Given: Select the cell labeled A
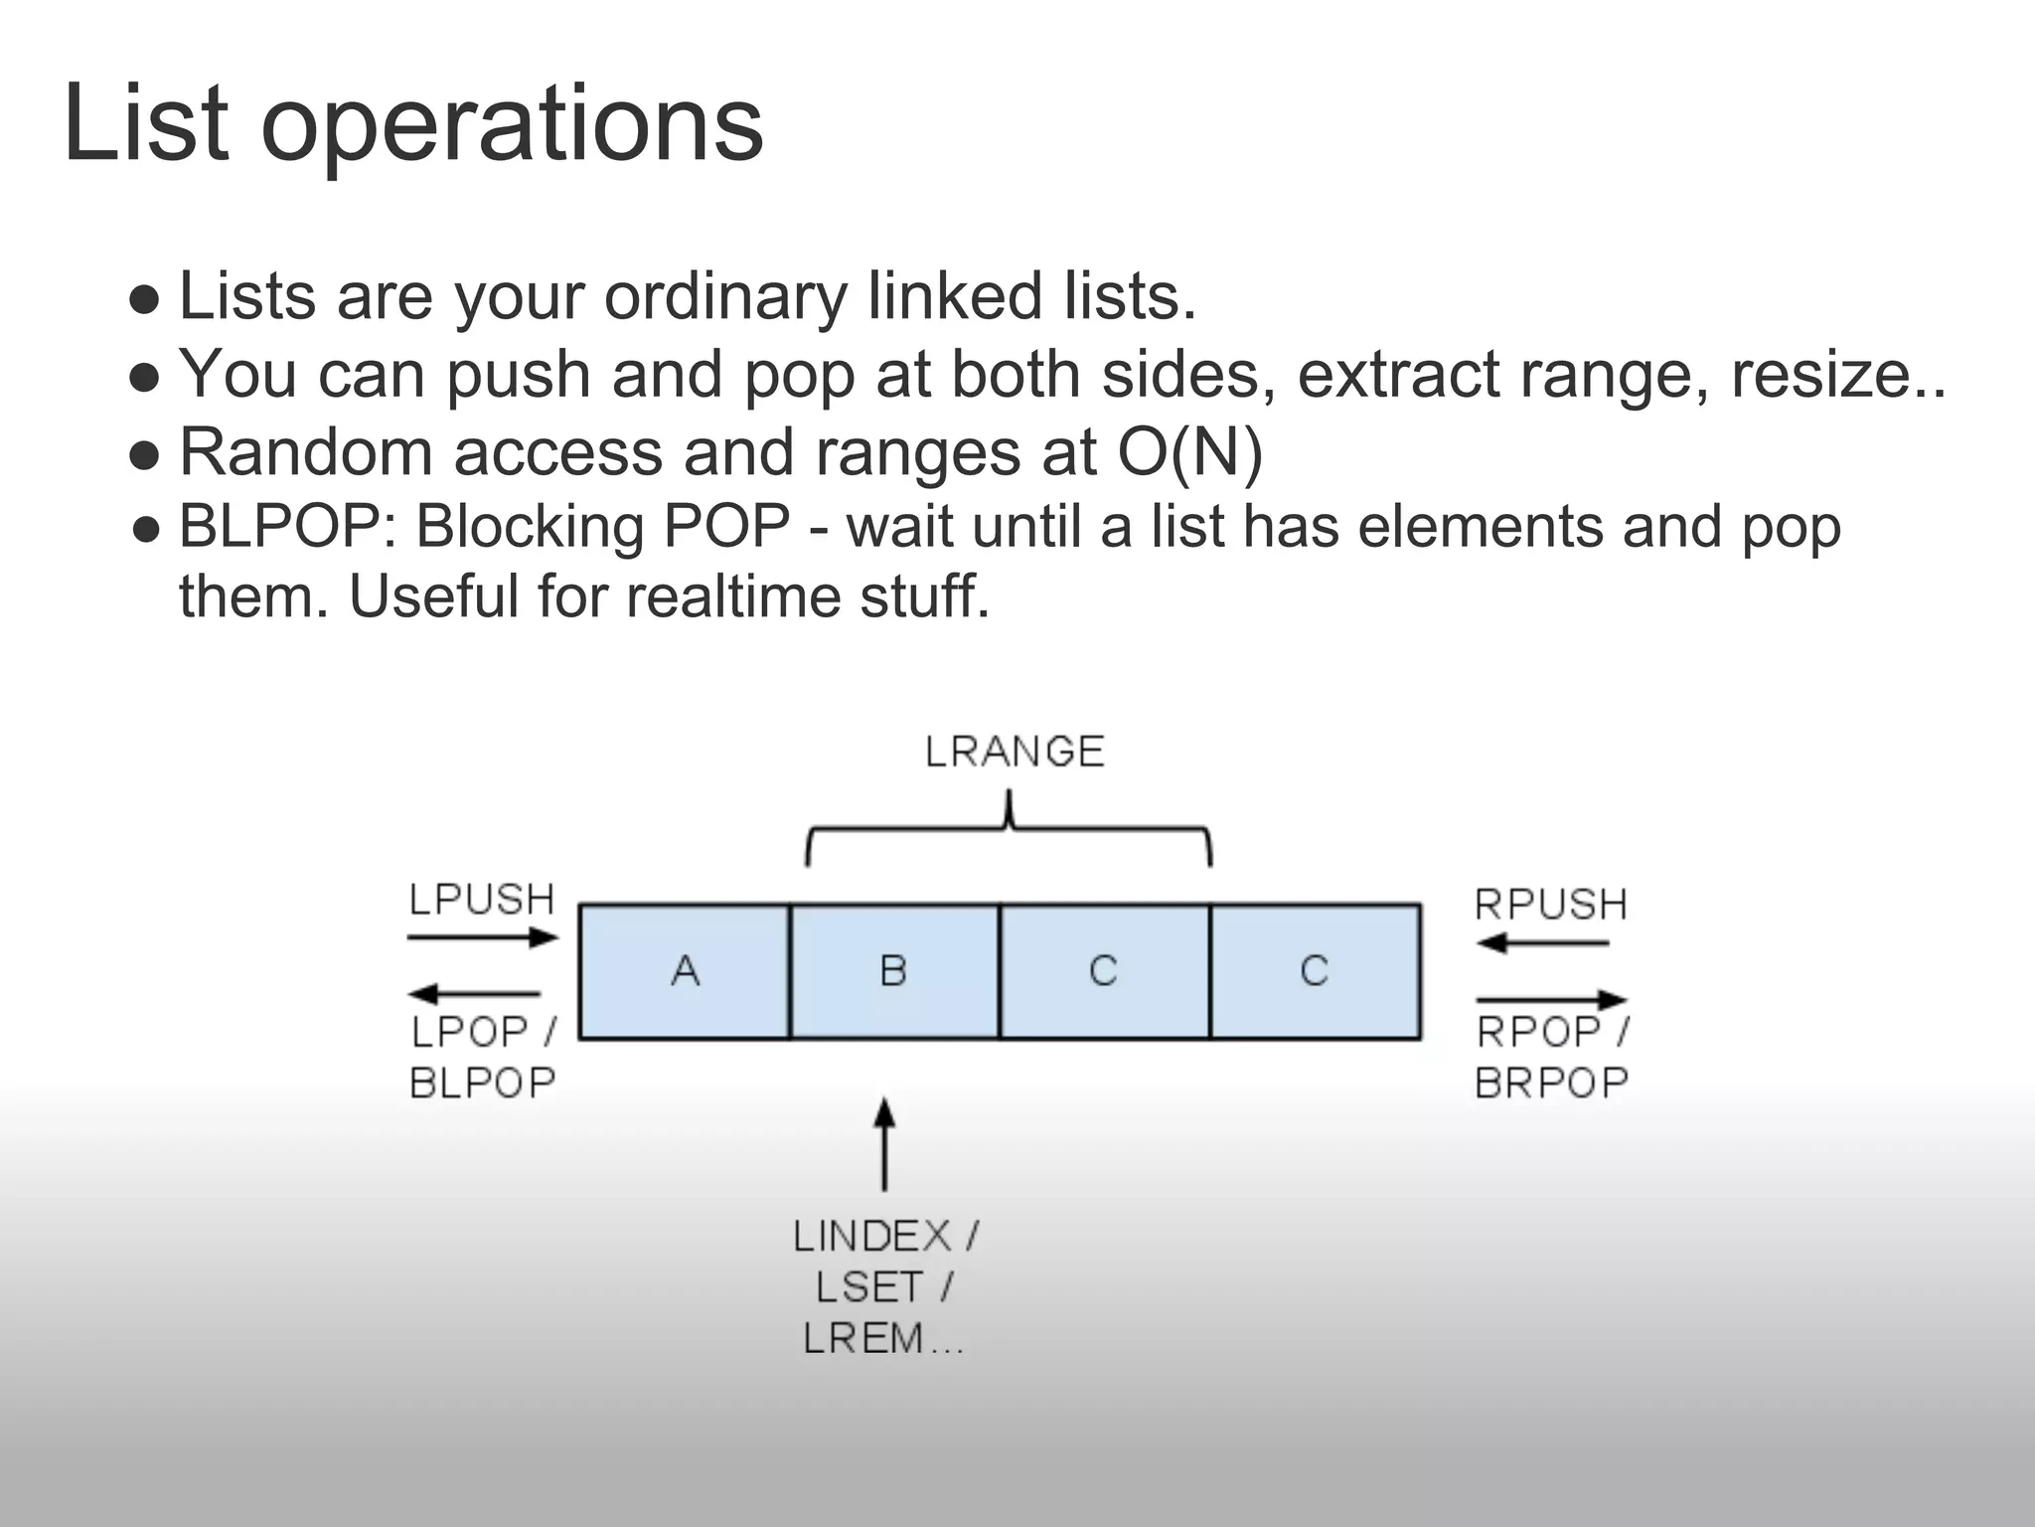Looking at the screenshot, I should pyautogui.click(x=685, y=971).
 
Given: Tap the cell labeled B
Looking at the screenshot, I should pyautogui.click(x=894, y=971).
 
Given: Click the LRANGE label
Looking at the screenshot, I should pyautogui.click(x=1015, y=752).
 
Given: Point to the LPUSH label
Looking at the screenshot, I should pyautogui.click(x=482, y=900).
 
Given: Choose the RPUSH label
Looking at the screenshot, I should pyautogui.click(x=1551, y=905).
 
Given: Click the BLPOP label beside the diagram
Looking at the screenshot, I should pyautogui.click(x=483, y=1083).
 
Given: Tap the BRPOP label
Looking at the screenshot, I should pyautogui.click(x=1551, y=1083).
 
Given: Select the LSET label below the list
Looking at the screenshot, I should pyautogui.click(x=870, y=1287).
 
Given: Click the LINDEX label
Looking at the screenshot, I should pyautogui.click(x=872, y=1237).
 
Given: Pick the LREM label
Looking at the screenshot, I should pyautogui.click(x=863, y=1338).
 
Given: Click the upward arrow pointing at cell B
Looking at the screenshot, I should pyautogui.click(x=884, y=1143).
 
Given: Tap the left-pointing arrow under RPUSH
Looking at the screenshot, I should pyautogui.click(x=1542, y=942).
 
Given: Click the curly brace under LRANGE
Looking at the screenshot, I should pyautogui.click(x=1009, y=830).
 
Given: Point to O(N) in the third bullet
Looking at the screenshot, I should pyautogui.click(x=1189, y=452).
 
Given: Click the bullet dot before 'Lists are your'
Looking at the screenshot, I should pyautogui.click(x=145, y=299).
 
